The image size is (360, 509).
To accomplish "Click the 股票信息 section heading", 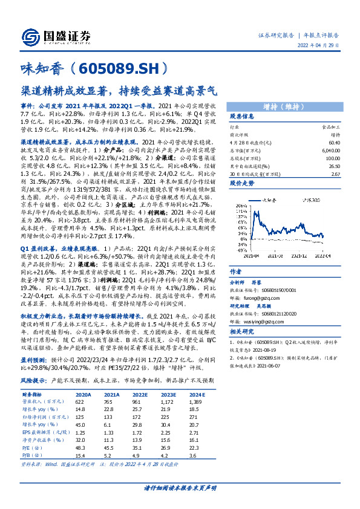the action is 241,116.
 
